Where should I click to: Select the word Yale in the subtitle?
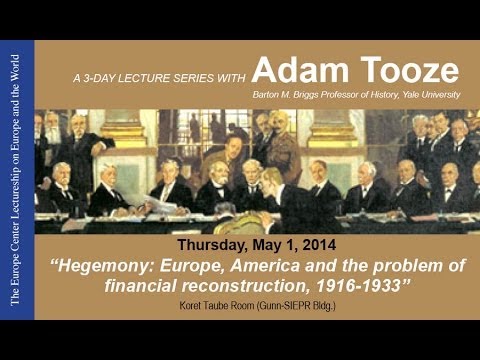403,96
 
